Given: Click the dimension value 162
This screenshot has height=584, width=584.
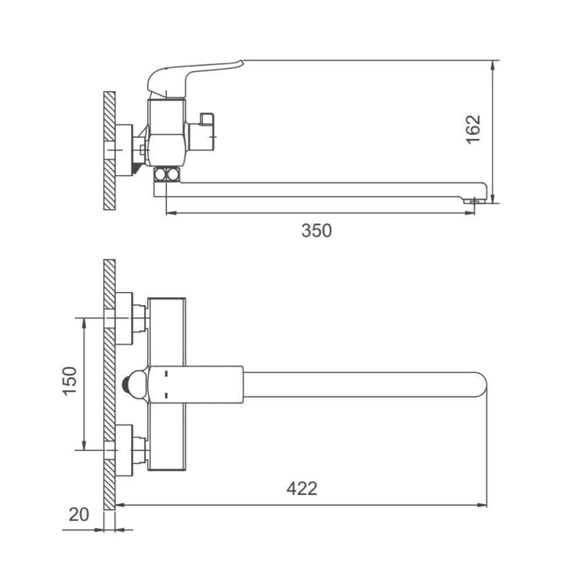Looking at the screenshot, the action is [x=474, y=129].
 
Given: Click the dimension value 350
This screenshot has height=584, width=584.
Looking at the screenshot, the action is [x=316, y=231].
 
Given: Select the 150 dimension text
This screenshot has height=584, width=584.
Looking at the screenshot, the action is [x=69, y=381].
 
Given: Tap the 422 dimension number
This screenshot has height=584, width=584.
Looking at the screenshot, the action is [x=302, y=488].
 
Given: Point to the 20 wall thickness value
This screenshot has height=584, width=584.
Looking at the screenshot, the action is [x=79, y=515].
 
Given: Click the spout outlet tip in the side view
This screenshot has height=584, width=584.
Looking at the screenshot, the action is [x=473, y=201].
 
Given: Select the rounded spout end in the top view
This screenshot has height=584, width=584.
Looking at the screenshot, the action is [x=481, y=385].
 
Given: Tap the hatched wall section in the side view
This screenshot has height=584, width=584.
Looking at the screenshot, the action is [x=110, y=151].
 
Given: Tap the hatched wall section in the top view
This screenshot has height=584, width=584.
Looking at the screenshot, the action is [x=110, y=384].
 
